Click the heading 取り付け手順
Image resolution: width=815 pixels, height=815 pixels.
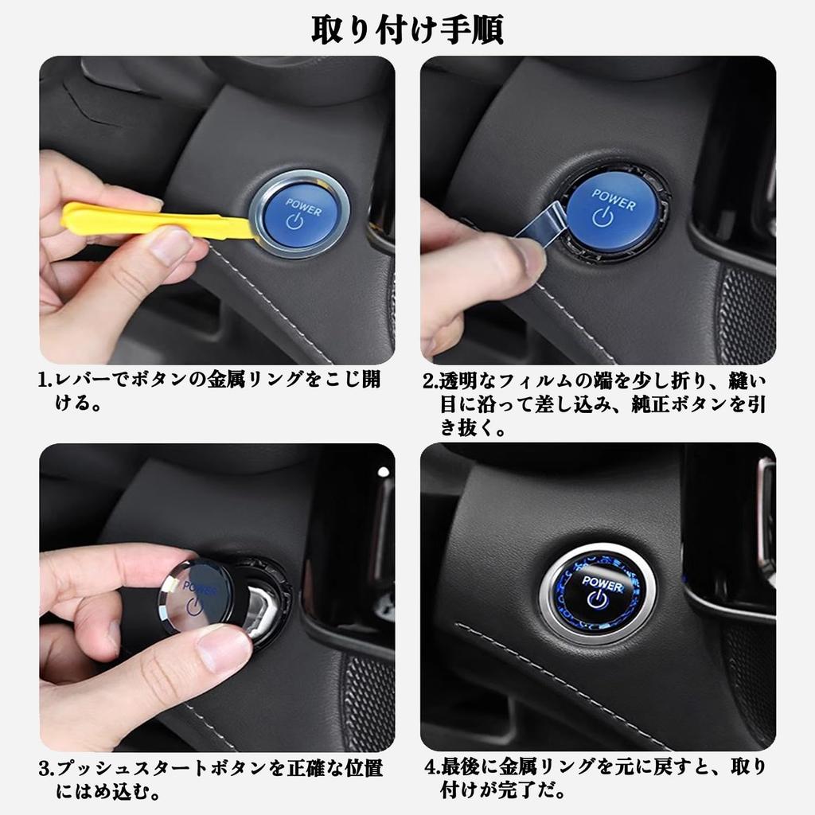(407, 29)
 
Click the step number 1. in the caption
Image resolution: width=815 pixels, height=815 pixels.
(45, 380)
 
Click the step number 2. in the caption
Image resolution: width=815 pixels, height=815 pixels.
(430, 380)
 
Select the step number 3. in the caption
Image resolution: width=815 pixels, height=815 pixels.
(45, 769)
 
